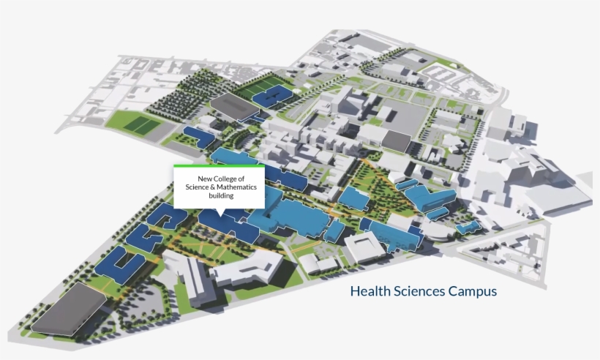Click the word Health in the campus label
(x=370, y=291)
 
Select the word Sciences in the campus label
(x=418, y=291)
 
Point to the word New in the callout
(x=205, y=179)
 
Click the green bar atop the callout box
(x=219, y=166)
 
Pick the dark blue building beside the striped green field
(x=274, y=95)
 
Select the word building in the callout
(x=220, y=196)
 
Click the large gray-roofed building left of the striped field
(x=236, y=105)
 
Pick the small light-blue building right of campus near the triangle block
(x=468, y=228)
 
